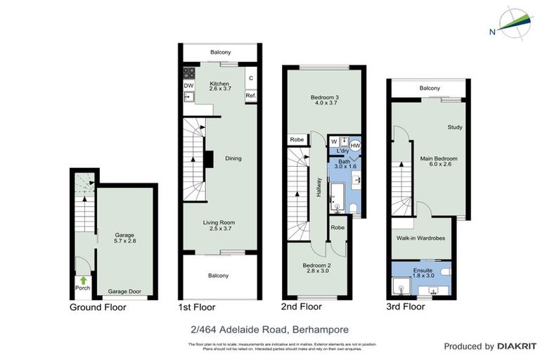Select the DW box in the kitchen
(188, 86)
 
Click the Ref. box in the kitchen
(250, 95)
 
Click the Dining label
(233, 158)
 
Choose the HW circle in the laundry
(355, 146)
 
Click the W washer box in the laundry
(334, 141)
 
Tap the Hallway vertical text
(319, 186)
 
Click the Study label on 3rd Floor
(454, 127)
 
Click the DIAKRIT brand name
(516, 346)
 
